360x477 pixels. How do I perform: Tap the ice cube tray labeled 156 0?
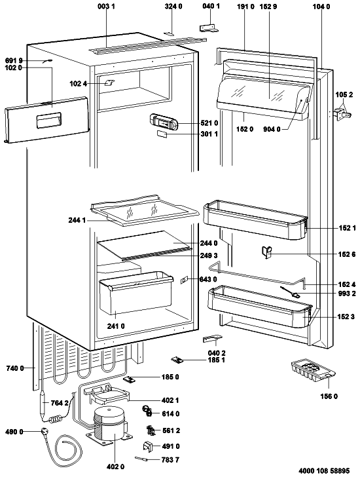(312, 371)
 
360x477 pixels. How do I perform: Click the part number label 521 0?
(209, 123)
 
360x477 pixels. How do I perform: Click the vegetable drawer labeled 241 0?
(135, 293)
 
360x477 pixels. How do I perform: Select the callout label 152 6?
(347, 254)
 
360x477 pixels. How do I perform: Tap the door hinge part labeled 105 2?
(343, 115)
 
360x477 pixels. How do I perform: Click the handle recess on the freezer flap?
(48, 121)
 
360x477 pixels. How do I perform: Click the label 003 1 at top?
(106, 7)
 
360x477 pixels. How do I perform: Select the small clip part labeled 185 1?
(177, 360)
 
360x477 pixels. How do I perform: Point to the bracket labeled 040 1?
(209, 28)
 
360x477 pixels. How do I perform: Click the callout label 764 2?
(60, 403)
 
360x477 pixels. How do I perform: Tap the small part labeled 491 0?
(148, 446)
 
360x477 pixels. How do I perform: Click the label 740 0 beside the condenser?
(15, 368)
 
